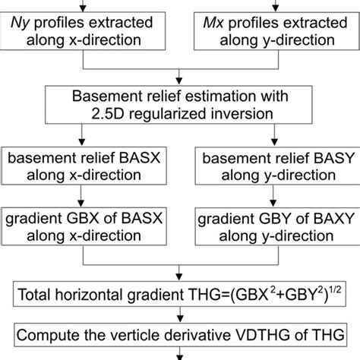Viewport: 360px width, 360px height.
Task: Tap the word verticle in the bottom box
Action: tap(145, 330)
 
